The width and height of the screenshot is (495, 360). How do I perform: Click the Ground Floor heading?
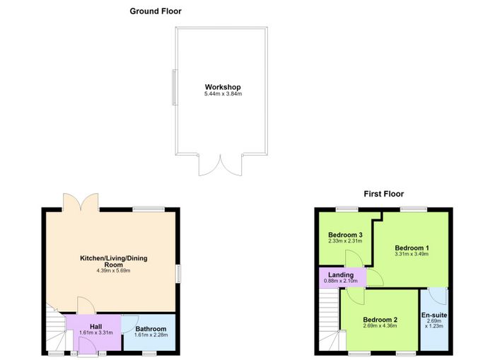tap(156, 11)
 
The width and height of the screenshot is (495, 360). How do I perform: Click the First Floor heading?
tap(383, 194)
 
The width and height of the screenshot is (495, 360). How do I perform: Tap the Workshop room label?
tap(223, 87)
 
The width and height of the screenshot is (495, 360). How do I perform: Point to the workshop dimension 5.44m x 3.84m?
tap(223, 94)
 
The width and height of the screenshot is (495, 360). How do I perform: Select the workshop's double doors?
tap(221, 165)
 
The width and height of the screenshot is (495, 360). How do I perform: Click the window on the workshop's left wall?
tap(174, 88)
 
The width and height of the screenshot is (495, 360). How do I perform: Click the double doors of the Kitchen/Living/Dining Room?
tap(81, 202)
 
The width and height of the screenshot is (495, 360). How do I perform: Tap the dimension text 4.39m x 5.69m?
tap(114, 271)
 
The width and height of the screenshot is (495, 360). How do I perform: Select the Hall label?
tap(95, 327)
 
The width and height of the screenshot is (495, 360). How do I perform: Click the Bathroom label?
tap(151, 329)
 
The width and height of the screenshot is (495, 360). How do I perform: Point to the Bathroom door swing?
tap(128, 325)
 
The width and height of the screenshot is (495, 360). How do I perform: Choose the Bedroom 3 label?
tap(345, 235)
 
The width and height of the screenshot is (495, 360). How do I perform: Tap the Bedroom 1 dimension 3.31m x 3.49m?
tap(412, 254)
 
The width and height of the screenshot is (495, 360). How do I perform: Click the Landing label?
tap(341, 274)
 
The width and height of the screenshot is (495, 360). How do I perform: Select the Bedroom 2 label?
tap(380, 320)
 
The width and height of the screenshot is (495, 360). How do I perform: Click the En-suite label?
tap(434, 315)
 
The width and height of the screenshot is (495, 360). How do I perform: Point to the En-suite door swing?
tap(438, 296)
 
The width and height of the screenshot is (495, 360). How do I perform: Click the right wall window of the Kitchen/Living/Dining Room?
tap(179, 274)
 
